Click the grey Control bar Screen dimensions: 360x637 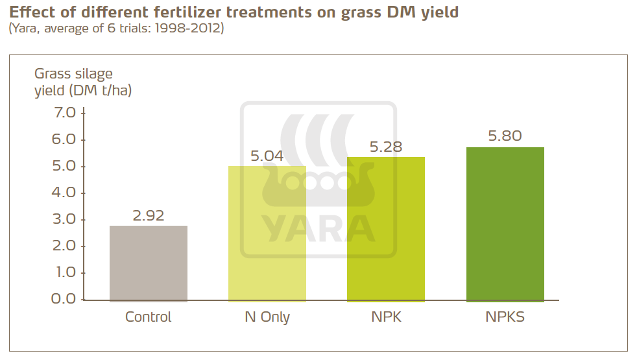tap(149, 263)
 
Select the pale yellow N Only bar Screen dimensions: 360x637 tap(267, 234)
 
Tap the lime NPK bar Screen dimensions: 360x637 tap(386, 229)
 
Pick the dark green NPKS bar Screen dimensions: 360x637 tap(505, 224)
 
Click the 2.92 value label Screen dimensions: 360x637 tap(149, 216)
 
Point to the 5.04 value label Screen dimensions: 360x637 tap(267, 156)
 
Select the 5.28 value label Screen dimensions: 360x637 tap(386, 147)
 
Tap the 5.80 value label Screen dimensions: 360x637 tap(505, 137)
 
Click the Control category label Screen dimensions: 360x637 tap(149, 317)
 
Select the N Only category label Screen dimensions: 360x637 tap(267, 317)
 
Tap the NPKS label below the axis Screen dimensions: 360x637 tap(505, 317)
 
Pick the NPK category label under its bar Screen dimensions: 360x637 tap(386, 317)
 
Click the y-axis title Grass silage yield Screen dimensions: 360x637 tap(82, 82)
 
